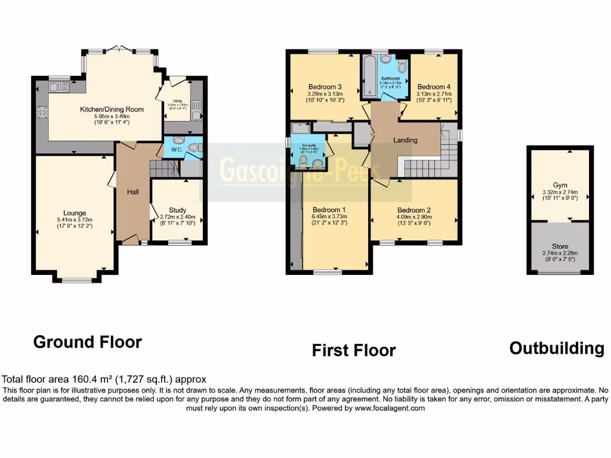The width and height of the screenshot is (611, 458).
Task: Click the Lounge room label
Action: click(x=75, y=213)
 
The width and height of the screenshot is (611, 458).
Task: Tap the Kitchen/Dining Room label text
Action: click(x=112, y=109)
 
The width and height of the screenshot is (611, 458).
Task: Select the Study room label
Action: click(x=177, y=210)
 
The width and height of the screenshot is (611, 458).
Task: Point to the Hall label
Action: click(x=133, y=192)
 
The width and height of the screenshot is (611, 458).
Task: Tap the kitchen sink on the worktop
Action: click(x=58, y=88)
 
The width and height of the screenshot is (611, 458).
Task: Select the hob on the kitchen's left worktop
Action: click(x=42, y=112)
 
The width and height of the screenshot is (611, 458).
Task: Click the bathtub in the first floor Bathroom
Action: click(x=368, y=76)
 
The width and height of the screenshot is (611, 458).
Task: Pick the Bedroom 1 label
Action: click(x=327, y=209)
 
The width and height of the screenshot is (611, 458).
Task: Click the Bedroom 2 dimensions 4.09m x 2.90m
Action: click(x=414, y=217)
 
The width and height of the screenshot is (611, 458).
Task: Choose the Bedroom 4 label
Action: click(x=433, y=86)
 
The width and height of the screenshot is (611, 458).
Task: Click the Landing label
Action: click(x=405, y=140)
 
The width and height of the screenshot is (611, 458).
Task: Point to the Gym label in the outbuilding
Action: click(x=559, y=185)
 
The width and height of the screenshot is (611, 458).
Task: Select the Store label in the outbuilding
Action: click(x=560, y=246)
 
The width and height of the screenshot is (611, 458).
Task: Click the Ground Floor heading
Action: click(x=88, y=342)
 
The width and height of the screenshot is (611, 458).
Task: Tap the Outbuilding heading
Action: click(x=556, y=348)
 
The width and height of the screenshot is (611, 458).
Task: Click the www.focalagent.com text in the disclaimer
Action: click(x=390, y=409)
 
